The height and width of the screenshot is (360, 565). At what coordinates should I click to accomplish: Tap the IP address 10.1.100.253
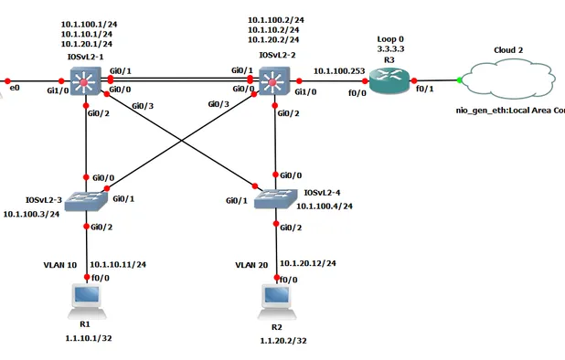point(338,69)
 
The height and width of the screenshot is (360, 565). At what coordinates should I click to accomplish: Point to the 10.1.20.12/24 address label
point(309,263)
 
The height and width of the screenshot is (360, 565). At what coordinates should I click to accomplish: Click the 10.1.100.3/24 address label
point(32,214)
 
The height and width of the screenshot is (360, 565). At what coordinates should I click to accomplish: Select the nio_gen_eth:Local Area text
point(510,110)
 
